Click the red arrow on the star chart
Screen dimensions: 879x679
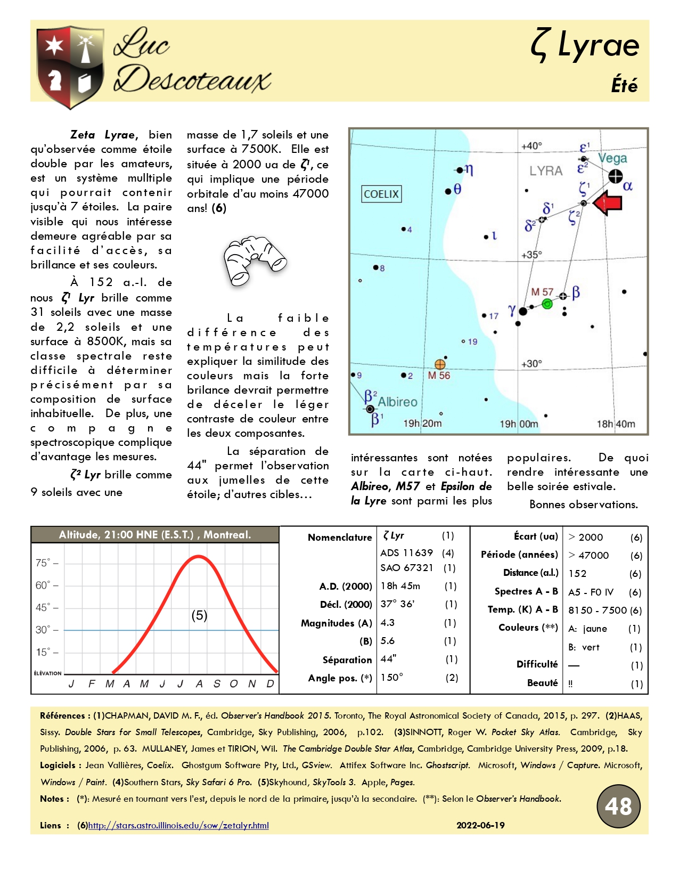click(x=608, y=203)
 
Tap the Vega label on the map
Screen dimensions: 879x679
click(x=612, y=158)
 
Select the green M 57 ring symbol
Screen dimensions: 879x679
click(x=547, y=304)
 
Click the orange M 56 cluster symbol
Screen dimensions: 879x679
click(x=440, y=364)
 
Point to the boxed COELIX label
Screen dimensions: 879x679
click(x=381, y=194)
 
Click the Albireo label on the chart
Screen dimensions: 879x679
click(x=397, y=402)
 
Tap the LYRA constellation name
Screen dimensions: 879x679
click(x=545, y=171)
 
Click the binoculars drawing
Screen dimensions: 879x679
click(x=255, y=261)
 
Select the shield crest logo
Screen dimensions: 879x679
click(x=70, y=66)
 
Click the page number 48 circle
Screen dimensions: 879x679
click(x=618, y=806)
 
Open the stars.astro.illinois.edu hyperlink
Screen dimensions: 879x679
click(x=178, y=825)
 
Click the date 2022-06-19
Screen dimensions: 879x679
click(x=480, y=825)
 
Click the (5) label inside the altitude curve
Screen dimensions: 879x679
click(x=199, y=615)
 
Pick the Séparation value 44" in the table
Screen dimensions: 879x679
click(x=389, y=659)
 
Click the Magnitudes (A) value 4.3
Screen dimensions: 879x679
click(x=388, y=622)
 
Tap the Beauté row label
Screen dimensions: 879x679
click(x=542, y=683)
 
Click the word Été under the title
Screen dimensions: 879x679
click(x=624, y=85)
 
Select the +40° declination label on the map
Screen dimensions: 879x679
click(x=531, y=146)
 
